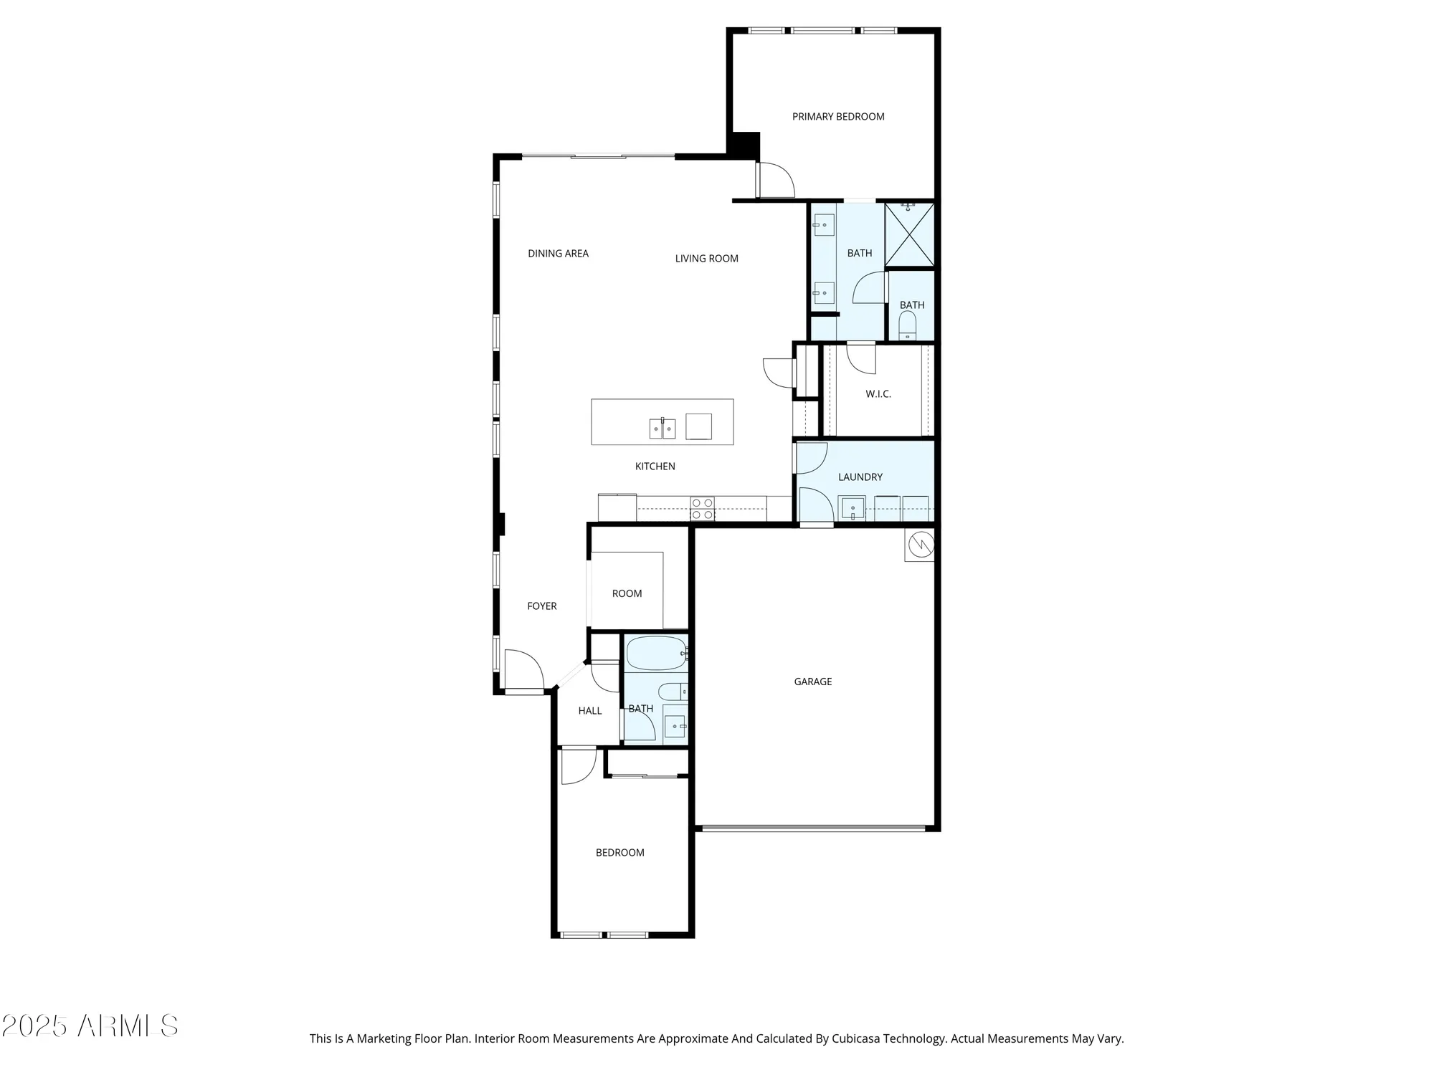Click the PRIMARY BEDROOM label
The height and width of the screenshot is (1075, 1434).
[x=837, y=116]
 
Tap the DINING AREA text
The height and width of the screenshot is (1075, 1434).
[x=558, y=253]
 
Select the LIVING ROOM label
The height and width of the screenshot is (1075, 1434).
[x=706, y=258]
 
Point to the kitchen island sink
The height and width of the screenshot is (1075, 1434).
[x=662, y=429]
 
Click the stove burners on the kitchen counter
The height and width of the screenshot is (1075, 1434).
[x=702, y=509]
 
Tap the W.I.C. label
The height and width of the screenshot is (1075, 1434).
[x=878, y=393]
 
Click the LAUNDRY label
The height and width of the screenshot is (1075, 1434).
[x=860, y=477]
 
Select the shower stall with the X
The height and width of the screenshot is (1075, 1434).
[x=909, y=235]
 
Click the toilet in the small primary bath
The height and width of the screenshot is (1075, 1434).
[x=908, y=325]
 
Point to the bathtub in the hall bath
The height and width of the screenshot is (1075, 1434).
[x=656, y=653]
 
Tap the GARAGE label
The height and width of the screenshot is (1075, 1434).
[x=812, y=682]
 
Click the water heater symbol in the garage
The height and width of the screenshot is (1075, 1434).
[x=920, y=545]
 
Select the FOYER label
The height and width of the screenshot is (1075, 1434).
[x=541, y=606]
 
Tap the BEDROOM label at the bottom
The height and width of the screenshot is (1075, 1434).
[x=619, y=852]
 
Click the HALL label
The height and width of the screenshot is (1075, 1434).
[x=589, y=710]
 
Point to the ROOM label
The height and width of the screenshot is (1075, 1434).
[x=627, y=593]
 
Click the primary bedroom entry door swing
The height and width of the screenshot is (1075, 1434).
[x=775, y=181]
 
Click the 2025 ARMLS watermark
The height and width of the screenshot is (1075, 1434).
[x=90, y=1026]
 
